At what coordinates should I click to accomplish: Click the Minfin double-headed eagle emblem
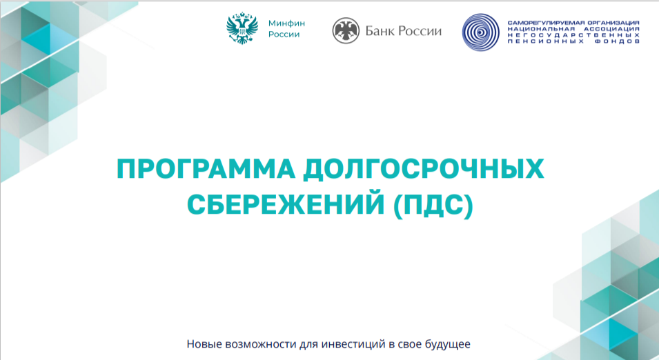[x=242, y=28]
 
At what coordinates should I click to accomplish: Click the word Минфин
[x=286, y=23]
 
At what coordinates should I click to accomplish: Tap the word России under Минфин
[x=284, y=34]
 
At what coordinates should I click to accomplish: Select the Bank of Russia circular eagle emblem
[x=346, y=30]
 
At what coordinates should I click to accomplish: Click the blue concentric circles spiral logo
[x=481, y=32]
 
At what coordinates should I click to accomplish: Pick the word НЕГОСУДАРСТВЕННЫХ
[x=573, y=35]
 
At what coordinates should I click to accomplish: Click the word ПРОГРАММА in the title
[x=206, y=169]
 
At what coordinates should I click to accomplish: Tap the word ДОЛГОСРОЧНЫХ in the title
[x=424, y=169]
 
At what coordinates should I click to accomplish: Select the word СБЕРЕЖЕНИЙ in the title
[x=286, y=205]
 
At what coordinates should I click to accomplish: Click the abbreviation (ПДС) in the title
[x=433, y=205]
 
